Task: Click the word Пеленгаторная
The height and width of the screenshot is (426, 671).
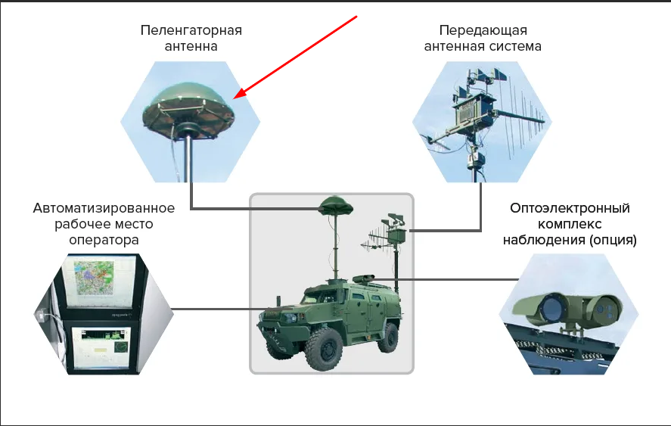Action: (191, 30)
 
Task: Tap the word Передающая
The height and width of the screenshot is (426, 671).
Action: (483, 30)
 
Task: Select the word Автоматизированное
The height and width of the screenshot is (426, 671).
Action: (104, 208)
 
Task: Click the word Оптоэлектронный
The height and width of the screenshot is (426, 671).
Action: (570, 208)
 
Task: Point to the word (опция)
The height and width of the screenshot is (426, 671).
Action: (613, 240)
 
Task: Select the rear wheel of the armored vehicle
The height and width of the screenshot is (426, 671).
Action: (388, 337)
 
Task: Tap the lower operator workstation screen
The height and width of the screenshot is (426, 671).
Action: (101, 347)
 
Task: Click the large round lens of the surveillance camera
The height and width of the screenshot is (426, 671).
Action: (551, 309)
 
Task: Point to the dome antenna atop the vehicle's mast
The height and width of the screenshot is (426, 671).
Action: (336, 207)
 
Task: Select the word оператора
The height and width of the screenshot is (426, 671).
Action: (104, 240)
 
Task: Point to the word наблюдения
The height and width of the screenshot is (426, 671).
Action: (544, 240)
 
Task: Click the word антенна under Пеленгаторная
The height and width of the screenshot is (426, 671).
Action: (191, 46)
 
